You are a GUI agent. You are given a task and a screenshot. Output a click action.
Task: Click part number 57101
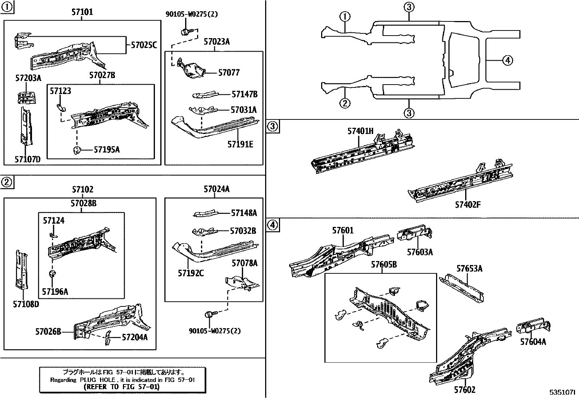[x=82, y=12]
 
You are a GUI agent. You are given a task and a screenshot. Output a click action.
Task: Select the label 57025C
[x=144, y=45]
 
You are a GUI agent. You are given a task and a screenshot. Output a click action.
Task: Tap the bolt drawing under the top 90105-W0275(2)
[x=185, y=32]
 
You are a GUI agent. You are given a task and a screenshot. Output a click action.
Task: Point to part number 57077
[x=229, y=73]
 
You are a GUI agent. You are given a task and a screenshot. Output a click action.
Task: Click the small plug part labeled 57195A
[x=77, y=150]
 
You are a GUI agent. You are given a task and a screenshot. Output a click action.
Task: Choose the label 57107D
[x=28, y=159]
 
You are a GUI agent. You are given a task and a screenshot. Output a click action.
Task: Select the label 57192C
[x=191, y=273]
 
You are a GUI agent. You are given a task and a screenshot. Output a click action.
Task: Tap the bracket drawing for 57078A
[x=243, y=283]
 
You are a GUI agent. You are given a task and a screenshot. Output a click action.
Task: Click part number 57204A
[x=135, y=337]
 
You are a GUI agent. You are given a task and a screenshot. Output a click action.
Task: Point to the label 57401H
[x=360, y=131]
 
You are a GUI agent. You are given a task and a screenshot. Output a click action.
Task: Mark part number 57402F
[x=467, y=205]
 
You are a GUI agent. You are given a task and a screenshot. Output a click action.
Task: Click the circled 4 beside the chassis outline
[x=508, y=60]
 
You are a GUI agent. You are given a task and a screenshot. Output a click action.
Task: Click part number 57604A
[x=533, y=342]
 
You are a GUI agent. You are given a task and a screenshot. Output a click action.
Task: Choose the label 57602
[x=464, y=390]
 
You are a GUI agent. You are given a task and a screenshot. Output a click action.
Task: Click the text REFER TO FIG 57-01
[x=121, y=387]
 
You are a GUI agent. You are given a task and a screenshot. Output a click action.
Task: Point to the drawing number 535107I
[x=562, y=392]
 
